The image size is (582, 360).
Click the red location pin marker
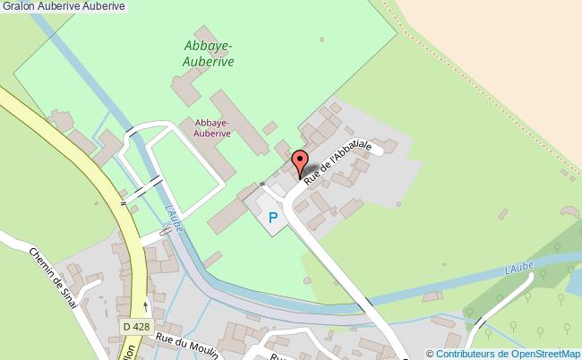coord(299,164)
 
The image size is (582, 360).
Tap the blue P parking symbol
coord(273,217)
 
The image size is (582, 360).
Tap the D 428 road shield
coord(136,327)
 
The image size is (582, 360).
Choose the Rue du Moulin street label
coord(187,346)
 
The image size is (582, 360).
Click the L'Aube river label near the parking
coord(175,219)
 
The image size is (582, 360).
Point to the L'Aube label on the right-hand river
coord(519,267)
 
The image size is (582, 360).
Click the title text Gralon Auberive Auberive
coord(64,7)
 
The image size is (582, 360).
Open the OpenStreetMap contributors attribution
coord(503,354)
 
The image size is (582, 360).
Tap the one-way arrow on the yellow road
coord(145,307)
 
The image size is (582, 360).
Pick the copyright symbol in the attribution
coord(430,354)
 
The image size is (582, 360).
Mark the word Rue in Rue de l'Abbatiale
coord(311,179)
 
